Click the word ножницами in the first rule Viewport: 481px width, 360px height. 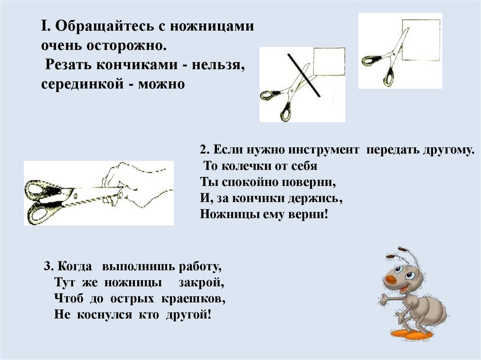click(x=212, y=26)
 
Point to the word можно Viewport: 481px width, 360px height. click(x=162, y=84)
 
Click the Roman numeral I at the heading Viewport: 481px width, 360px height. click(x=44, y=26)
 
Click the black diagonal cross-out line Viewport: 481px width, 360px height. click(x=304, y=75)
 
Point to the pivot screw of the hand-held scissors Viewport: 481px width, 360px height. click(x=75, y=195)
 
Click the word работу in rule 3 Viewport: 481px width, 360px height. click(x=200, y=267)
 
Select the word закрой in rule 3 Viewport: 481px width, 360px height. click(x=201, y=283)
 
